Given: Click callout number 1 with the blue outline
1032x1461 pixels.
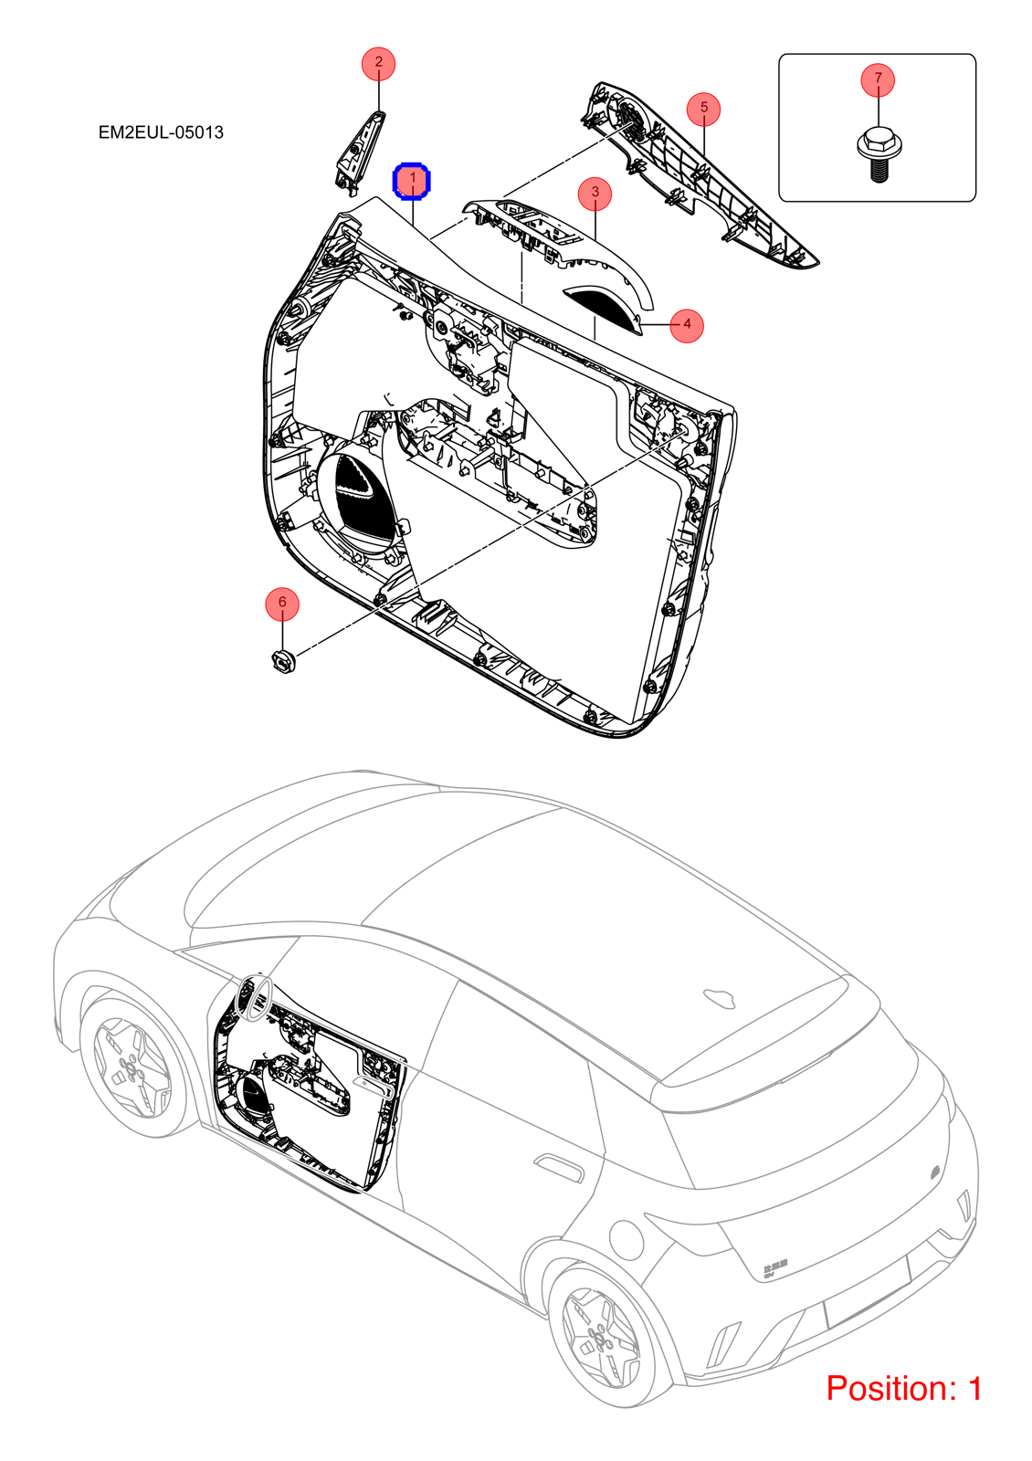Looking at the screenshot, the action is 412,180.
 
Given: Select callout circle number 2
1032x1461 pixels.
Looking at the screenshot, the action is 378,64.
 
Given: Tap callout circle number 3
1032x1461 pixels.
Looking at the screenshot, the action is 595,193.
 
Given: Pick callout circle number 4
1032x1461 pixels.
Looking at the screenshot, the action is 687,325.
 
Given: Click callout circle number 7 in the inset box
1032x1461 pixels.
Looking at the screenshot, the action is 878,79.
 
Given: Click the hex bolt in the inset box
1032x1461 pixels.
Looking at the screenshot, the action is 878,155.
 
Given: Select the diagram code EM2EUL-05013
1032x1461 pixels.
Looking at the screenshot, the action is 161,132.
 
